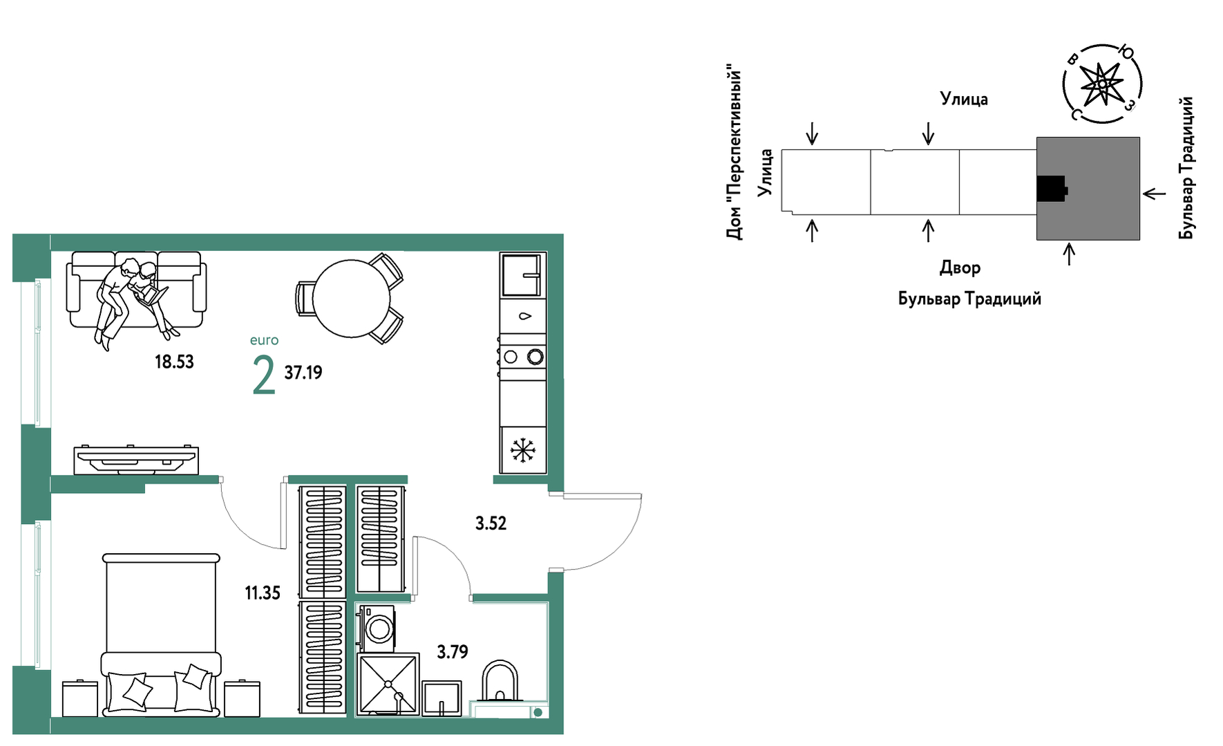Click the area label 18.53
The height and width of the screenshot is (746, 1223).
point(174,362)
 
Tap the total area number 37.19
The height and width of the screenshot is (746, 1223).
point(303,373)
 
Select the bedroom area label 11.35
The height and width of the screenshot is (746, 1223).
point(263,593)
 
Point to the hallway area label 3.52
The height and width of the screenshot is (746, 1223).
point(491,523)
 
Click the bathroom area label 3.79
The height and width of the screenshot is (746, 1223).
point(453,652)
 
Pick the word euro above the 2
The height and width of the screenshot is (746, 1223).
point(264,340)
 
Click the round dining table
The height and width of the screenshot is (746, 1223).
point(352,299)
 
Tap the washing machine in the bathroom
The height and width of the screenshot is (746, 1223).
point(377,628)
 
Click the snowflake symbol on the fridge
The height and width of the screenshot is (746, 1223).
point(523,450)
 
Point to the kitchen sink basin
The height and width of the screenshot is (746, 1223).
point(522,275)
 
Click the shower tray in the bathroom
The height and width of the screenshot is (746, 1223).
point(388,684)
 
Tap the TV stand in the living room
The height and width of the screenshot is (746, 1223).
point(137,460)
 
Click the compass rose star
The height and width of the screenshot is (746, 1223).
point(1101,84)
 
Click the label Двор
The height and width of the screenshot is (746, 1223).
point(960,268)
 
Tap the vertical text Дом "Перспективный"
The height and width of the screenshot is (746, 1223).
point(734,153)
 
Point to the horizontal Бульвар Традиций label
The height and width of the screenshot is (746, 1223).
point(969,299)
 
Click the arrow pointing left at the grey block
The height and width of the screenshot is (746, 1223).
point(1154,194)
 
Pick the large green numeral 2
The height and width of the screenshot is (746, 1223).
point(264,375)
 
